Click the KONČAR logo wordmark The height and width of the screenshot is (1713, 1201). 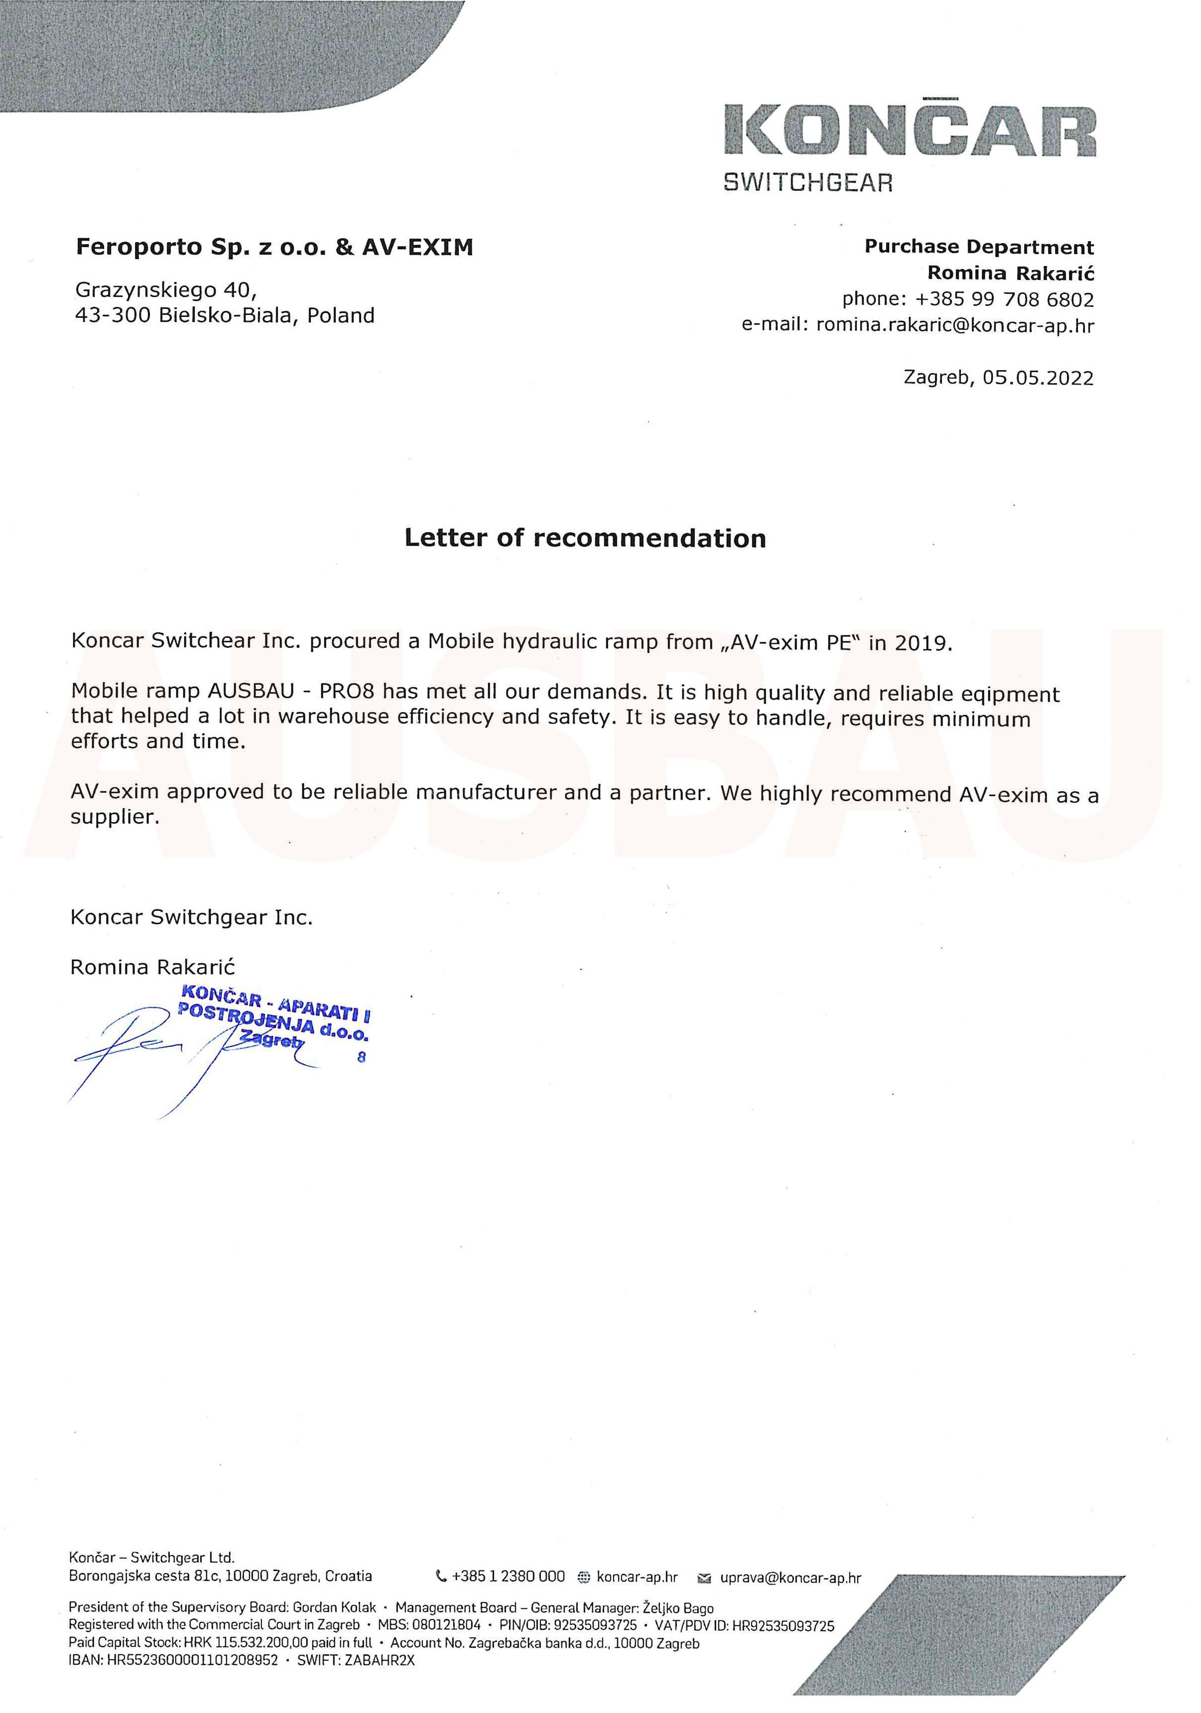[x=909, y=131]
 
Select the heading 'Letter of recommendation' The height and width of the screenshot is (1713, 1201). [x=585, y=538]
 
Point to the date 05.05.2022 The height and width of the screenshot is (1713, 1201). [x=1038, y=378]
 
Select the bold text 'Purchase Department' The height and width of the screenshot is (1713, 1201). [x=979, y=247]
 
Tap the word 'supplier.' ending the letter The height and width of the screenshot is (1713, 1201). [x=115, y=817]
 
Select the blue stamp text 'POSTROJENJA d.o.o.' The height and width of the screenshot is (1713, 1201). [x=272, y=1023]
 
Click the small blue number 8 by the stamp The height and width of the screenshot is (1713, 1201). [x=362, y=1056]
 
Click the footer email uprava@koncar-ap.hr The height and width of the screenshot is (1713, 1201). [x=790, y=1577]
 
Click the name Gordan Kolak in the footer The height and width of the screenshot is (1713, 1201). [x=334, y=1608]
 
